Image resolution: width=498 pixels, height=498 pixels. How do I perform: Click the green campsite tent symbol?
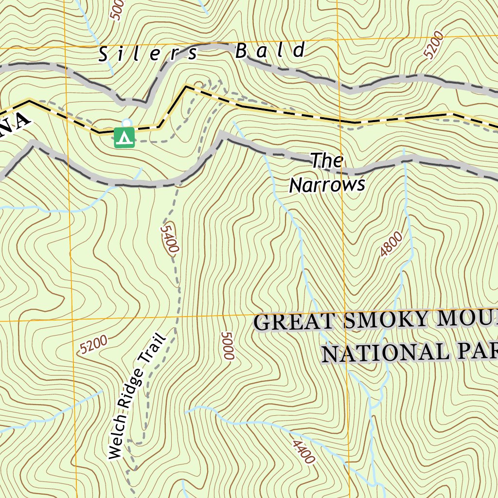(124, 137)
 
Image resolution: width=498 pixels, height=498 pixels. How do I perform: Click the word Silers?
(149, 53)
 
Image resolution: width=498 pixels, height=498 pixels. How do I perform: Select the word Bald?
(270, 51)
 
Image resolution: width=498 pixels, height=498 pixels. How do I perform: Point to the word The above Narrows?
(327, 160)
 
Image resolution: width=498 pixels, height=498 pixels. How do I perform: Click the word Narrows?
(327, 185)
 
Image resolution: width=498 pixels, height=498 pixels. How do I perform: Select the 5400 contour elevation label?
(169, 238)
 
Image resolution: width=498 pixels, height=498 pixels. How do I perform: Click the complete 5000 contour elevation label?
(227, 346)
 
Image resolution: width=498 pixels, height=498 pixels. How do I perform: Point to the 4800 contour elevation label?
(391, 244)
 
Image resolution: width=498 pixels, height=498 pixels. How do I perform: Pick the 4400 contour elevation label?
(303, 452)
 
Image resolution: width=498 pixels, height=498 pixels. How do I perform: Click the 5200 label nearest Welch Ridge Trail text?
(93, 345)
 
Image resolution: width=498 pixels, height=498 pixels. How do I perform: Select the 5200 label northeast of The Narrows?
(433, 45)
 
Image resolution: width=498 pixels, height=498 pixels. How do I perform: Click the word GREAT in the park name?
(294, 322)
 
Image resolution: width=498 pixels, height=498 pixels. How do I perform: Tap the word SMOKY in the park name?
(382, 320)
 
